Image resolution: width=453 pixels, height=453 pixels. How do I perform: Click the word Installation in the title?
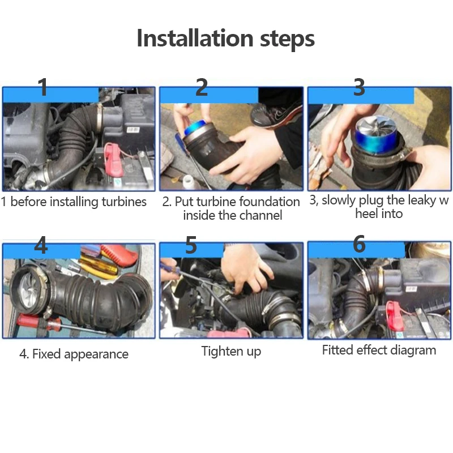click(195, 38)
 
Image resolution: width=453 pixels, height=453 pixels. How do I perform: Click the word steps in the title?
click(287, 39)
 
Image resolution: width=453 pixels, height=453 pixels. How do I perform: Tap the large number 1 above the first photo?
click(44, 87)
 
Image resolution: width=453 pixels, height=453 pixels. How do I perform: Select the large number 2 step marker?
click(202, 87)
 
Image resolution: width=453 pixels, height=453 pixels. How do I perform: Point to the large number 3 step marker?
click(359, 87)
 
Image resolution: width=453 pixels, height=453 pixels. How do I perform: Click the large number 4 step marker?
click(41, 245)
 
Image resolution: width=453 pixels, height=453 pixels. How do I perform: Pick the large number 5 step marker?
click(191, 245)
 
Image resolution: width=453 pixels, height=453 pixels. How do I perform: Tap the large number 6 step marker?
click(359, 243)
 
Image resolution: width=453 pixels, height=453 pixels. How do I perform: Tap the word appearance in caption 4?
click(96, 354)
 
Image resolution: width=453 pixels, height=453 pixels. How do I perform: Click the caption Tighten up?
click(231, 352)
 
